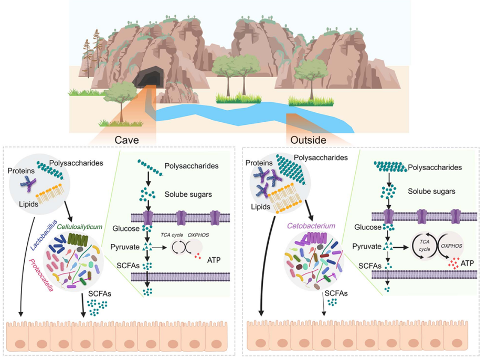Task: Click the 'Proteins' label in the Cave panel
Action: point(21,171)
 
